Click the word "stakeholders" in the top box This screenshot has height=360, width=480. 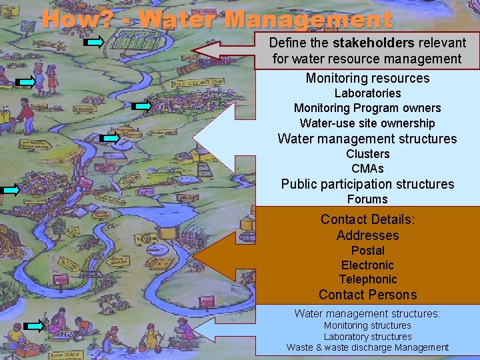[373, 43]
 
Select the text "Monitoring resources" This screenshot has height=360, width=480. [367, 78]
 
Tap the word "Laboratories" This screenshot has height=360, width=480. [367, 93]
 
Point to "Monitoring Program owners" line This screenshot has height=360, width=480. [367, 108]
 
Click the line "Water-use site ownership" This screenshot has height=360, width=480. [367, 123]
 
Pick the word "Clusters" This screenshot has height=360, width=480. [367, 154]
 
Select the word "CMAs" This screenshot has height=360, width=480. [367, 169]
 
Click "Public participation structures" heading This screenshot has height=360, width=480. [367, 184]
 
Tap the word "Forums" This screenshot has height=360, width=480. [367, 199]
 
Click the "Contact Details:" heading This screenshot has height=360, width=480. [367, 219]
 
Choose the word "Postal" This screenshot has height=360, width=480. [367, 251]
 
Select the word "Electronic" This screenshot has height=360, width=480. [367, 265]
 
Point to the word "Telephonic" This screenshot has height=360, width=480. [367, 280]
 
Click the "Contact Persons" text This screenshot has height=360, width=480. [367, 295]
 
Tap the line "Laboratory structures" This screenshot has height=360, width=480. [367, 337]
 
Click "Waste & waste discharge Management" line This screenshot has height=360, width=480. [367, 347]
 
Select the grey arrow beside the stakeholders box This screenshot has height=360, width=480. [227, 50]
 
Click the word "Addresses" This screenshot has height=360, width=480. [367, 235]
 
